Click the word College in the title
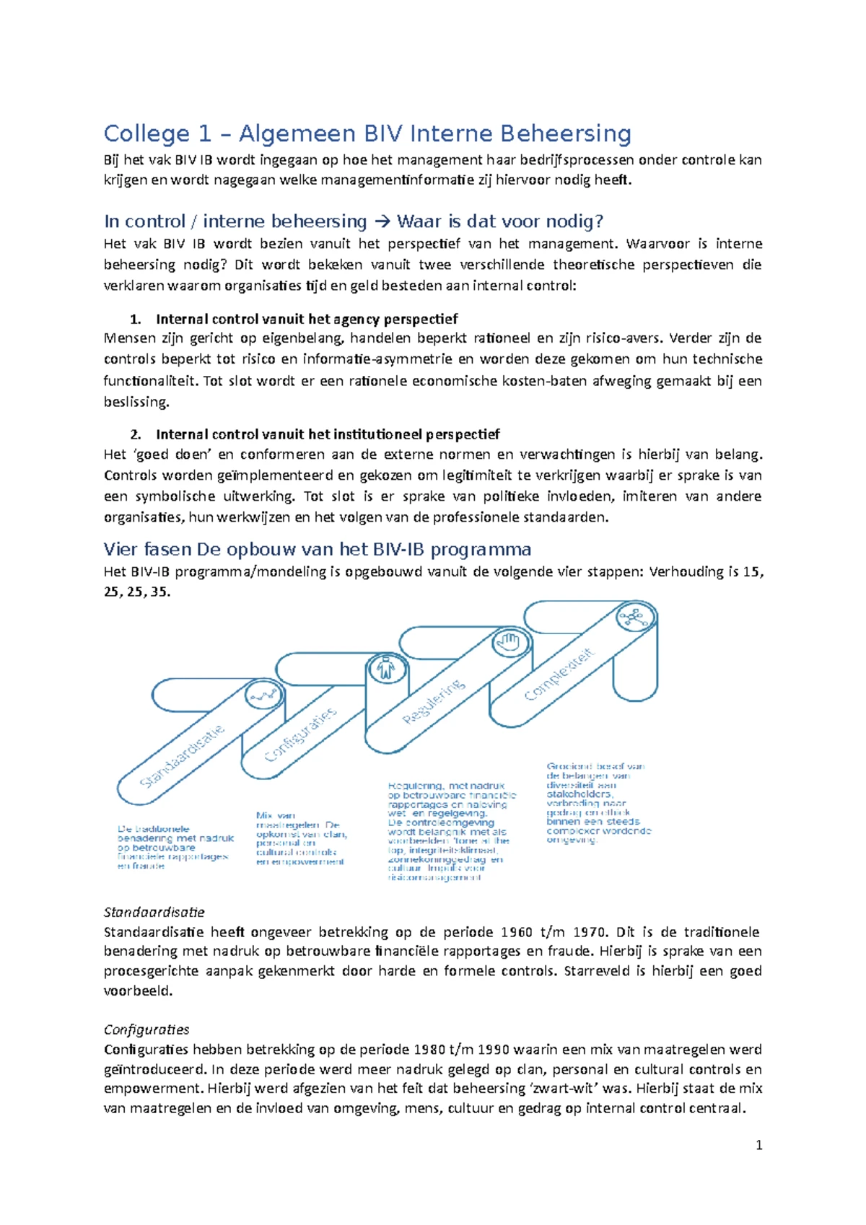point(146,134)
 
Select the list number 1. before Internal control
point(135,320)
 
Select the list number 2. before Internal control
point(135,435)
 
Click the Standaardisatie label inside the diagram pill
point(182,756)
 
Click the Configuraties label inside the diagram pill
point(301,734)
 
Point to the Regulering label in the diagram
point(434,701)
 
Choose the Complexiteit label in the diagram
point(559,674)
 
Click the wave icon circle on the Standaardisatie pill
point(263,695)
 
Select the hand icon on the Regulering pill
point(509,641)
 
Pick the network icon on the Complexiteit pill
point(634,618)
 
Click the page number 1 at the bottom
point(758,1145)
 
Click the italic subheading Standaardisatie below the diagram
point(154,912)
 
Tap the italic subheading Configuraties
point(146,1029)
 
